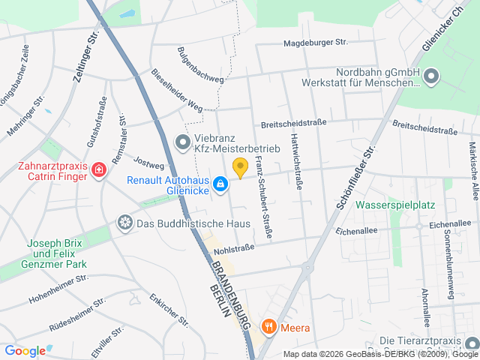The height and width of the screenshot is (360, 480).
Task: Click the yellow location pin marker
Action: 240,168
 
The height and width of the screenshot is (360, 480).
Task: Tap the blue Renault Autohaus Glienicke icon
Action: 220,183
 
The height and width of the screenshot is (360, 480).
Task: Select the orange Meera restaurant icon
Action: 268,327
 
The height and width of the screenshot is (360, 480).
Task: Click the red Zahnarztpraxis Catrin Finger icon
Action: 97,172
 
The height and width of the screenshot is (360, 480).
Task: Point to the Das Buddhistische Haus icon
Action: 124,223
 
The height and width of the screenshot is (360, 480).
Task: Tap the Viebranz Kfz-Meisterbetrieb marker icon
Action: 181,141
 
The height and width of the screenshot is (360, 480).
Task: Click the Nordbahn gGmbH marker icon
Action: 431,76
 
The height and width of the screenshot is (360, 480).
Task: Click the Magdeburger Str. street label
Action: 316,43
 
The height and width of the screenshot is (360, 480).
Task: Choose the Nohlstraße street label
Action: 234,244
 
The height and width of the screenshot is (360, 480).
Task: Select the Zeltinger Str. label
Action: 87,52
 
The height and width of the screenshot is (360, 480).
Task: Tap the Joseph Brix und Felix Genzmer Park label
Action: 57,253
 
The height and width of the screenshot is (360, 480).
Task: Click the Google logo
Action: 25,350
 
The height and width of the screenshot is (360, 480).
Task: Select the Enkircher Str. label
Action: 168,310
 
